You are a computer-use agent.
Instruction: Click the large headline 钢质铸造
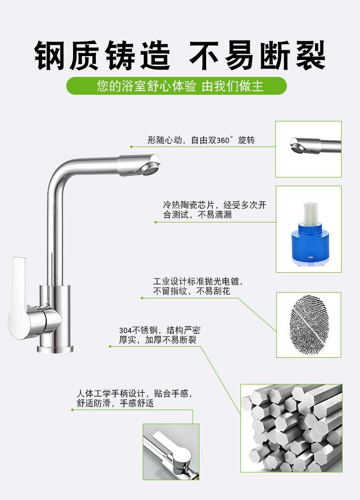[103, 56]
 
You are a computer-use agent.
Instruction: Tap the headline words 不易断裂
[256, 56]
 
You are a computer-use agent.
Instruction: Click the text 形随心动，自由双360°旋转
[201, 141]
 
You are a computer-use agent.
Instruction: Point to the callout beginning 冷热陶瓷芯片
[214, 209]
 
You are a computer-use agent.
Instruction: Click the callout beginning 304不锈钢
[160, 335]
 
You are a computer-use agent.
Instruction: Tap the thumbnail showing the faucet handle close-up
[171, 452]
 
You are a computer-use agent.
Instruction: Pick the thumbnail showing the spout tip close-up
[308, 149]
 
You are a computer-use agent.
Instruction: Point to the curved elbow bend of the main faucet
[58, 174]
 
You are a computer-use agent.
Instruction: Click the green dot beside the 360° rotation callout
[131, 147]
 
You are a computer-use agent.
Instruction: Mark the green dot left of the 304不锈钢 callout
[110, 346]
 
